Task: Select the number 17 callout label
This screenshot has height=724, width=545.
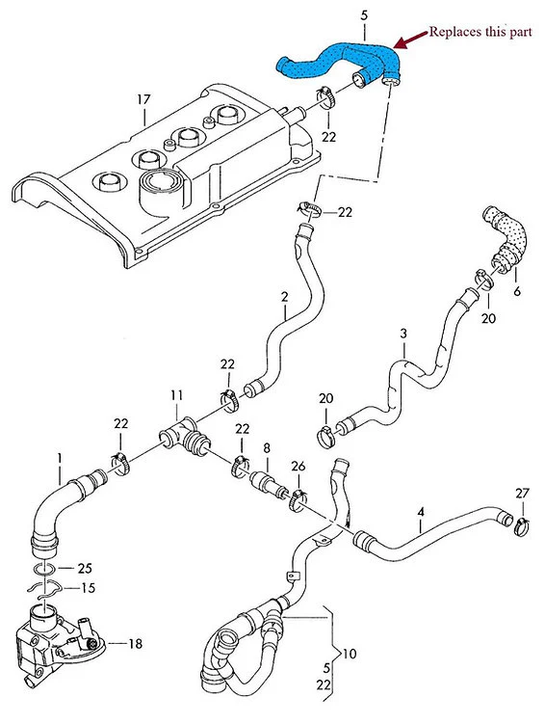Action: [143, 99]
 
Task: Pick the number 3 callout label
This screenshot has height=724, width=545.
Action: [403, 333]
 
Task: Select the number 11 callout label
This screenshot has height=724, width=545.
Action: [176, 395]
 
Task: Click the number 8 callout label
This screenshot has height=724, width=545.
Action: [267, 448]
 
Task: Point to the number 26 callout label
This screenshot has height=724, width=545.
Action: [298, 468]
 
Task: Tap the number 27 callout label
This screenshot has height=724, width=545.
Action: [521, 494]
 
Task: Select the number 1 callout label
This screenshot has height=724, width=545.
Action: [59, 456]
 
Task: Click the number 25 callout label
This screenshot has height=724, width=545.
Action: [84, 569]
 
